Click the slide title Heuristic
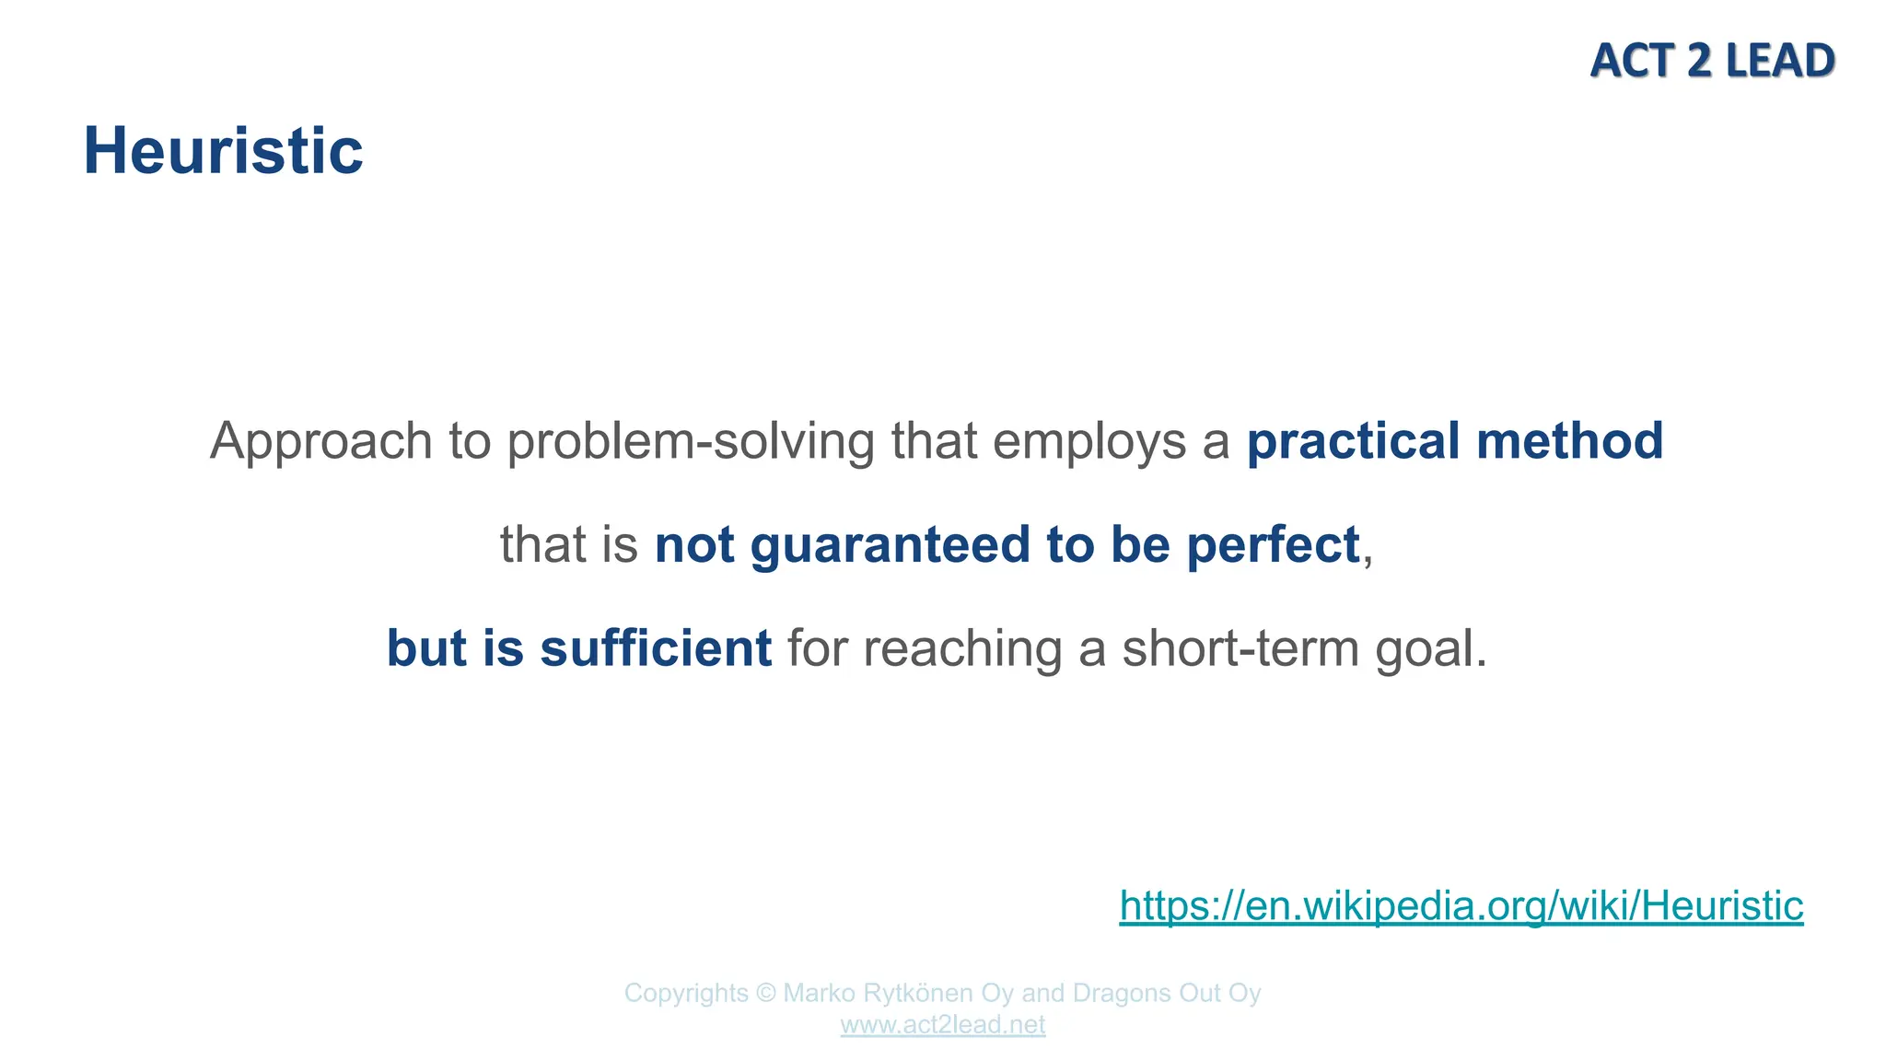223,151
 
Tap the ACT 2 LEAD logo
1712,61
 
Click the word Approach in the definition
320,441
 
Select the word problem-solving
690,441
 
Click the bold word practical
1353,441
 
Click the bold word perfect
1273,544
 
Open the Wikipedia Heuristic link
1461,905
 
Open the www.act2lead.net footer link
942,1025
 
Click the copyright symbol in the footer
765,994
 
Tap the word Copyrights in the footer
686,994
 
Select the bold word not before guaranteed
693,544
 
